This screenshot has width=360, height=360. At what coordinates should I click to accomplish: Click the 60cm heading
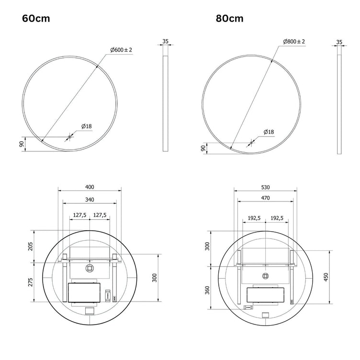36,18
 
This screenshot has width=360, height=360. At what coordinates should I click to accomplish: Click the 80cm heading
230,18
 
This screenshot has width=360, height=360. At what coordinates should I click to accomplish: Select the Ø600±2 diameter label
121,50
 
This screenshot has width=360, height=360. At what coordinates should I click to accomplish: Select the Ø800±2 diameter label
294,42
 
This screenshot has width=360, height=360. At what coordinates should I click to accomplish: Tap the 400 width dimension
90,187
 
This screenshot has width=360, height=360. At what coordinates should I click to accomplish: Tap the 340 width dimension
90,200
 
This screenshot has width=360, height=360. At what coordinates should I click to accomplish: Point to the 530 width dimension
265,187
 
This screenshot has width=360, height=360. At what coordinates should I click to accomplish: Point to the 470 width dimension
265,198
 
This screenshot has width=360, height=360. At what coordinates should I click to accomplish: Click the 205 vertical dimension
30,247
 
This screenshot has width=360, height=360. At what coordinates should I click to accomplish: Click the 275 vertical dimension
30,282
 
